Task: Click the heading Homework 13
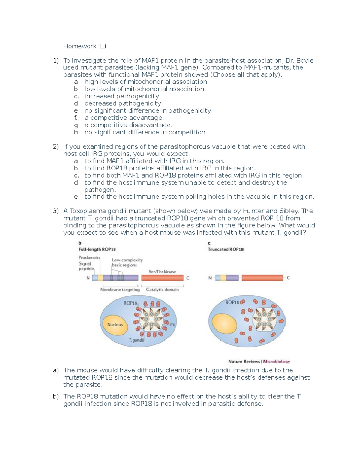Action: [x=85, y=46]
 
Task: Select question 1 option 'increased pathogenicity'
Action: [x=121, y=96]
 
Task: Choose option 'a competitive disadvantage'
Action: [x=128, y=125]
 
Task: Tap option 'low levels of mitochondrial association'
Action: [x=145, y=89]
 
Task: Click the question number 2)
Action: [x=56, y=147]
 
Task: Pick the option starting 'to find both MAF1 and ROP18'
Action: [x=194, y=176]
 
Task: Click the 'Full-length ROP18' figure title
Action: [x=97, y=249]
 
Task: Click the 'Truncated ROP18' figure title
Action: [x=226, y=249]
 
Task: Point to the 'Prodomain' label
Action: [x=89, y=257]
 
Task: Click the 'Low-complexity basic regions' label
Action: [x=127, y=263]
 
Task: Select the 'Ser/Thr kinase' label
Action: [x=162, y=272]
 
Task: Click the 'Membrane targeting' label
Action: [x=120, y=290]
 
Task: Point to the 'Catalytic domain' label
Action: [x=162, y=290]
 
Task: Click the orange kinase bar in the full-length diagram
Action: [x=162, y=278]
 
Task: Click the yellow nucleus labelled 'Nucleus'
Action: [x=115, y=325]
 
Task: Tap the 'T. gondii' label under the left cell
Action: [x=136, y=340]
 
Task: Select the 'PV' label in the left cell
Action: [x=172, y=325]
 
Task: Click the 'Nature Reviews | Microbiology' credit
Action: [x=259, y=362]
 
